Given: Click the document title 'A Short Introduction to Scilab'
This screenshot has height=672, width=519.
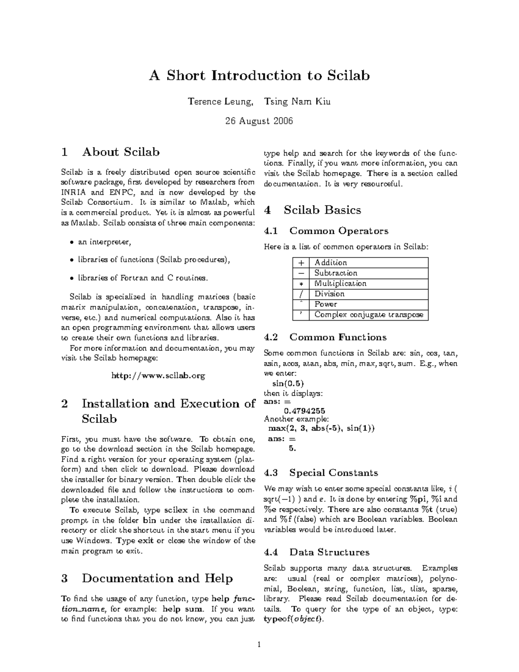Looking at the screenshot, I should pos(259,76).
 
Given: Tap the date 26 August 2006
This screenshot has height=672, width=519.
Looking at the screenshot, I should pos(259,121).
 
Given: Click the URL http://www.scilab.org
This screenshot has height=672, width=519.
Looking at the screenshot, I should pos(158,376).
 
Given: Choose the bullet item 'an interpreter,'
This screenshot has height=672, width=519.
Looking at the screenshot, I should pos(104,242).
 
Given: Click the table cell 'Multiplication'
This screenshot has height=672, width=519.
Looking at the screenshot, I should pos(340,283).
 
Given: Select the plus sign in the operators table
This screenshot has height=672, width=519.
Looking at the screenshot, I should pos(301,263).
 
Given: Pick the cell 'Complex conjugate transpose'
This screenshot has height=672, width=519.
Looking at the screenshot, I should pos(368,315).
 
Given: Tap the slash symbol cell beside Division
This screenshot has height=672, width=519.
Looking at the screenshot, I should pos(301,294).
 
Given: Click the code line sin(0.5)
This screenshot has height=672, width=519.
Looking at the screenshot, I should pos(288,383).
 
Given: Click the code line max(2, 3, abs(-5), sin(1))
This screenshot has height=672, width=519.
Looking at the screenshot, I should pos(321,428).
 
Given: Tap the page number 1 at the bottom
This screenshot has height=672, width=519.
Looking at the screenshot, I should pos(259,645).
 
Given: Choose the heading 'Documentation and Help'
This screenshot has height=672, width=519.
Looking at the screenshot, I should pos(157,579).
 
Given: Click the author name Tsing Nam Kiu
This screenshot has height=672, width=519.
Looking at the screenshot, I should pos(300,102).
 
